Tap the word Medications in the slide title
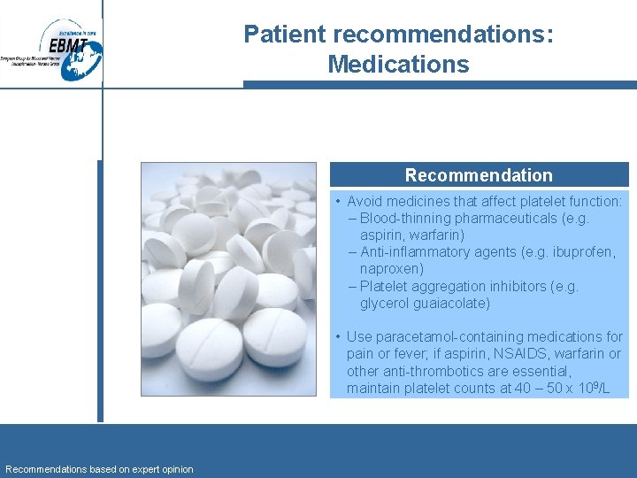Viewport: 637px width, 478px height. (x=398, y=65)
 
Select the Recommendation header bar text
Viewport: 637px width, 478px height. (x=479, y=175)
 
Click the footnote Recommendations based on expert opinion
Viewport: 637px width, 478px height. (x=99, y=469)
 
